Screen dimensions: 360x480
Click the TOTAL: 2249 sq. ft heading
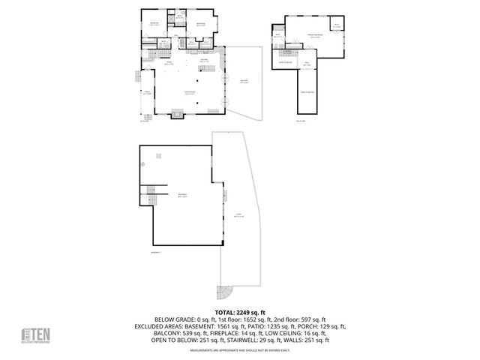240,311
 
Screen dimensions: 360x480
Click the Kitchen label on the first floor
203,61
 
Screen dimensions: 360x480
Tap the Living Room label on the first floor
191,92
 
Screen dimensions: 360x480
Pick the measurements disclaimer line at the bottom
240,349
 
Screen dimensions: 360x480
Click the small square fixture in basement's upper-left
158,156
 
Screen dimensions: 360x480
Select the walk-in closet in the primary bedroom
337,27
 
